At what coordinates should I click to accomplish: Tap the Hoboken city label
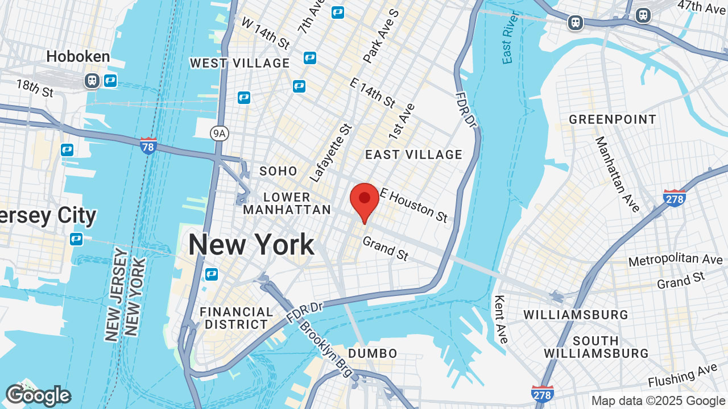[x=78, y=56]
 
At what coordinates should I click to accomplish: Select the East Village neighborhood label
[x=413, y=155]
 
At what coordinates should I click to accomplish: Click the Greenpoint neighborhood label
[x=613, y=119]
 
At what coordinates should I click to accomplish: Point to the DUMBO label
[x=373, y=353]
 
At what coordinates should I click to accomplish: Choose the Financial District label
[x=237, y=318]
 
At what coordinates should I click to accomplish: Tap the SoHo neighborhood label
[x=278, y=171]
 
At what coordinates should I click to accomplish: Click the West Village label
[x=239, y=63]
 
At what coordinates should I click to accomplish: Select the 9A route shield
[x=218, y=133]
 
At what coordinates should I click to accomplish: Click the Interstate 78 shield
[x=148, y=145]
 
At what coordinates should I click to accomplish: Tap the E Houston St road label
[x=414, y=205]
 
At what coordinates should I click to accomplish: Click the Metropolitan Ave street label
[x=675, y=260]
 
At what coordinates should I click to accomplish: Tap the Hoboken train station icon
[x=92, y=80]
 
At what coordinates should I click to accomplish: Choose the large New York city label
[x=251, y=245]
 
